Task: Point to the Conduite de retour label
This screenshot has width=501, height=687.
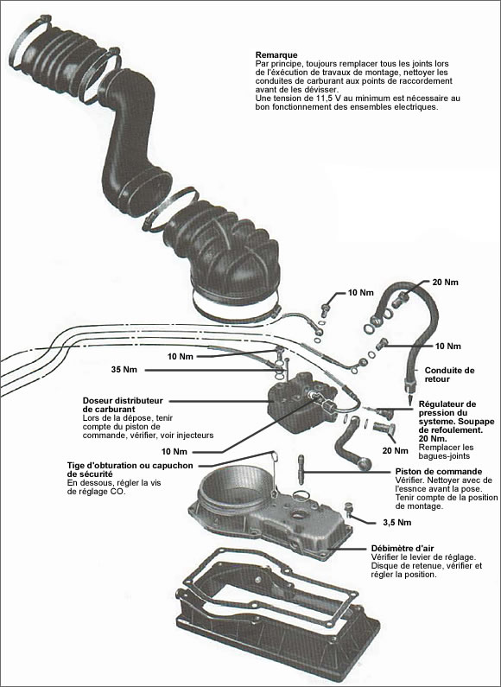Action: pyautogui.click(x=449, y=374)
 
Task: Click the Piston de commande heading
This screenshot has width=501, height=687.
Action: pyautogui.click(x=422, y=471)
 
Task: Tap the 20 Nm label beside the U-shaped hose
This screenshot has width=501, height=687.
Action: pyautogui.click(x=445, y=283)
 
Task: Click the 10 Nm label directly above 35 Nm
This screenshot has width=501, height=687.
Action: pyautogui.click(x=181, y=356)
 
